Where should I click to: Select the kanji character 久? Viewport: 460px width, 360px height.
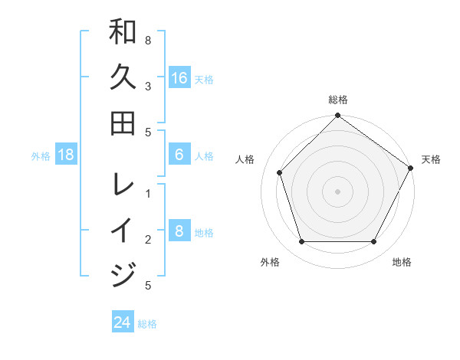pos(123,77)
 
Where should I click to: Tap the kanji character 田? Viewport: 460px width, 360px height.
pos(123,123)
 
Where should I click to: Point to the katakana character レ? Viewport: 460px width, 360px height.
pos(123,184)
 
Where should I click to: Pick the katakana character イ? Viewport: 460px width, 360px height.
pos(123,230)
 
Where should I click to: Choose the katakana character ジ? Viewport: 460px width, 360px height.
pos(123,274)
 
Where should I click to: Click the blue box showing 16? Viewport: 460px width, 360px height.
pos(179,78)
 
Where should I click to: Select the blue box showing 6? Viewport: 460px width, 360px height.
pos(179,155)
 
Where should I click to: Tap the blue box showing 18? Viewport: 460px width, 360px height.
pos(66,155)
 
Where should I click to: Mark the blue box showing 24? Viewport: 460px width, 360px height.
pos(123,322)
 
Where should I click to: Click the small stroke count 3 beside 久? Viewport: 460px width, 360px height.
pos(147,87)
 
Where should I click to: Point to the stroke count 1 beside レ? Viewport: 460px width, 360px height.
pos(147,194)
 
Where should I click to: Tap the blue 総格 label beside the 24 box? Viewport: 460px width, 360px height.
pos(147,324)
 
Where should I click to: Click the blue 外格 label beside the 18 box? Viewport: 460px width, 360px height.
pos(41,156)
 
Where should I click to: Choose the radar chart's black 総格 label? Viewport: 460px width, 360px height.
pos(338,100)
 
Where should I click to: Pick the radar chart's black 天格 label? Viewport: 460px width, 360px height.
pos(431,159)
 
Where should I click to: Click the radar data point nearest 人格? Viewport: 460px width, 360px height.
pos(280,172)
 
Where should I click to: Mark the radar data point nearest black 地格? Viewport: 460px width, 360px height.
pos(373,241)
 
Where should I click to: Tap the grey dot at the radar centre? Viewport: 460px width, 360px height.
pos(338,191)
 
